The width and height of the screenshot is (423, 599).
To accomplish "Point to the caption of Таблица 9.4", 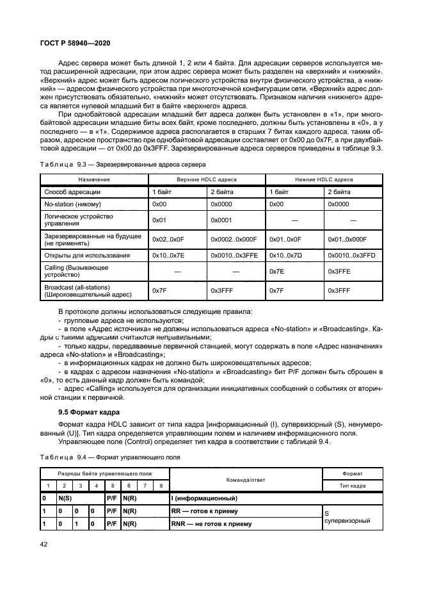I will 110,457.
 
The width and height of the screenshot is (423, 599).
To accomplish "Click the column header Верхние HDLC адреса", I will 206,179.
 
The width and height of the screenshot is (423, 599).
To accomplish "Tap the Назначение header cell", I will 94,179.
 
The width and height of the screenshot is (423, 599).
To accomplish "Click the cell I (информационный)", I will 204,498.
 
